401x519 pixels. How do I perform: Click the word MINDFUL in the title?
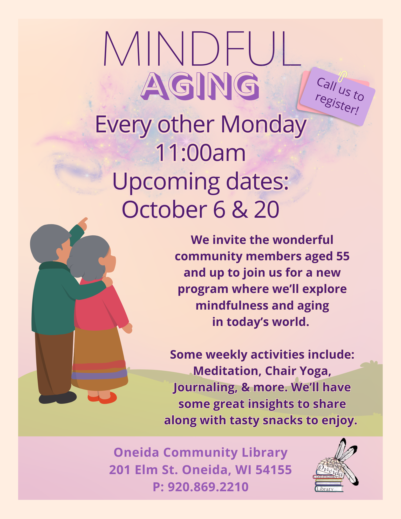point(202,49)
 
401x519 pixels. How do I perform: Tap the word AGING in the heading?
point(200,86)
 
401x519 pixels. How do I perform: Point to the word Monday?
point(264,125)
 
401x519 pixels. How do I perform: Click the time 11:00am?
point(200,153)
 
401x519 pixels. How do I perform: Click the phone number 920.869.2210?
point(208,487)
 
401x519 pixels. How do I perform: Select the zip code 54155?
point(274,470)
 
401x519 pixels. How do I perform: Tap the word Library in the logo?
point(325,489)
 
